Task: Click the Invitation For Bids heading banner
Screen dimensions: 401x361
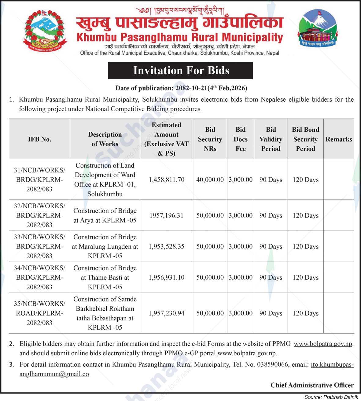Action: coord(180,71)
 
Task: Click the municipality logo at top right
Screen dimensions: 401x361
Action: coord(317,28)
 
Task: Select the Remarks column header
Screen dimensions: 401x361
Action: coord(338,139)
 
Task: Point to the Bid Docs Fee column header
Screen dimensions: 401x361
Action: coord(241,139)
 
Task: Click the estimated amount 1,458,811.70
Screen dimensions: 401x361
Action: coord(167,180)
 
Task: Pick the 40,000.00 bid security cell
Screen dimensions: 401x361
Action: coord(210,180)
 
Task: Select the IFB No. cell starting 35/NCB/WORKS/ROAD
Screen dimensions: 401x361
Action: coord(39,313)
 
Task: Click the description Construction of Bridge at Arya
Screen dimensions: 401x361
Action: coord(105,215)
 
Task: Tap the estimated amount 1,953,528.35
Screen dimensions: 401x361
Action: coord(167,247)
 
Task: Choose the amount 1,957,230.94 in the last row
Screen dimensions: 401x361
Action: coord(167,313)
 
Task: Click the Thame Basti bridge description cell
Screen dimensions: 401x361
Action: coord(105,278)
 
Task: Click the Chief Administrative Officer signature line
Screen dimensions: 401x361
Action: coord(312,385)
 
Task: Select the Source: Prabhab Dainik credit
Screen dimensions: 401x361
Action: coord(331,397)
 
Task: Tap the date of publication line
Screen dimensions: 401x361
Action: coord(181,88)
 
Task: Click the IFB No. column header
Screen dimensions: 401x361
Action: coord(39,139)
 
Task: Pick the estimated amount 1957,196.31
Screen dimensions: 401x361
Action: coord(167,216)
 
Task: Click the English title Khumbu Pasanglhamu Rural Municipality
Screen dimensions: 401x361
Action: coord(180,37)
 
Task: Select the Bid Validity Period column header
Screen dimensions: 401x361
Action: coord(271,139)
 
